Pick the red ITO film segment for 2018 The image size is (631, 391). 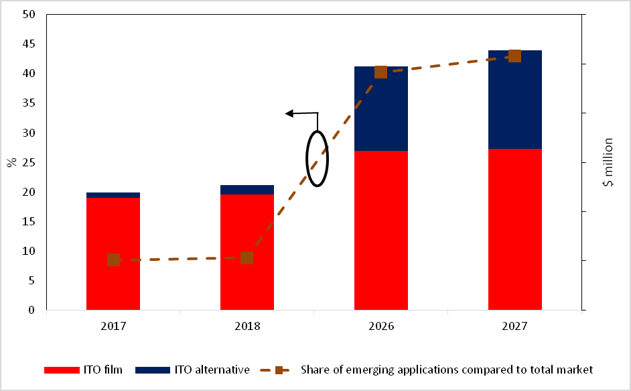(x=247, y=288)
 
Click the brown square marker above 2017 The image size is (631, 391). (x=113, y=260)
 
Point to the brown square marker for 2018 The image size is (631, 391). (x=247, y=258)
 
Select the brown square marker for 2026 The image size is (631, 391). (x=380, y=72)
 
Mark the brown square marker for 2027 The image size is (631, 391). (x=514, y=56)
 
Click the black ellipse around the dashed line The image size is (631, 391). (x=318, y=158)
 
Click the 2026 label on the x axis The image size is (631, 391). (x=381, y=326)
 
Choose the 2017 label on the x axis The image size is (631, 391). (x=113, y=326)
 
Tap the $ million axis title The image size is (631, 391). (x=608, y=162)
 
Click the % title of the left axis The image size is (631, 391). (x=11, y=162)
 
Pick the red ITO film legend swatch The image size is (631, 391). (x=62, y=370)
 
